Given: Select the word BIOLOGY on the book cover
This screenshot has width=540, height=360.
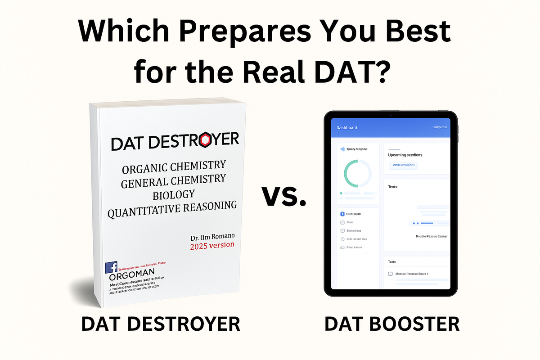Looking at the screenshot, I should tap(174, 193).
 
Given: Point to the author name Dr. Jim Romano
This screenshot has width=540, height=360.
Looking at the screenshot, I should tap(212, 236).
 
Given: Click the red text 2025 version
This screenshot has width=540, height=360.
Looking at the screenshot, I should tap(212, 246).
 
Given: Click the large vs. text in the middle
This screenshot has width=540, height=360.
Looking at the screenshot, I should tap(283, 196).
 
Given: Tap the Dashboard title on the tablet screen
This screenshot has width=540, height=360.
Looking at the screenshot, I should tap(346, 127).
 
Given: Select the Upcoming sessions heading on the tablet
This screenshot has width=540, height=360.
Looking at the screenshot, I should tap(405, 155).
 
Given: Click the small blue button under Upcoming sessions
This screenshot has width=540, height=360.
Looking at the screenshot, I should tap(403, 165).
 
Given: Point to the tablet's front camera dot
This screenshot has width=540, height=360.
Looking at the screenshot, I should tap(391, 115).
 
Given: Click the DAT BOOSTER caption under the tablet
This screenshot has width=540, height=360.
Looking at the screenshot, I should tap(392, 324).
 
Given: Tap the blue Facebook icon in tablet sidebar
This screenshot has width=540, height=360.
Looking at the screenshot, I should tap(342, 214).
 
